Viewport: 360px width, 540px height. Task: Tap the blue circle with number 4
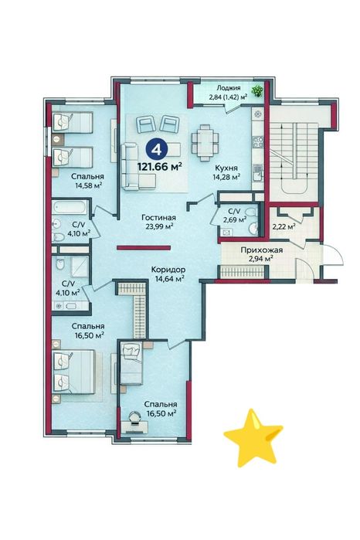tap(157, 149)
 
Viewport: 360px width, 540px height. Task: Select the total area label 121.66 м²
tap(160, 167)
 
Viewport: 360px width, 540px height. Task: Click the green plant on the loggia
tap(256, 91)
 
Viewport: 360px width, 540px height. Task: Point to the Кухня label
tap(226, 168)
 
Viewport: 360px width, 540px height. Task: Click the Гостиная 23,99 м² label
tap(159, 222)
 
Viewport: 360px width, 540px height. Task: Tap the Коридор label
tap(168, 270)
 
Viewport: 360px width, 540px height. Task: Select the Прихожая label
tap(262, 250)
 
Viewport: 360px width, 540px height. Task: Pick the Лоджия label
tap(229, 88)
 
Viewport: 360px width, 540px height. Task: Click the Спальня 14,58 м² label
tap(87, 181)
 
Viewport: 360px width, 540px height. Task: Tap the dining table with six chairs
tap(205, 143)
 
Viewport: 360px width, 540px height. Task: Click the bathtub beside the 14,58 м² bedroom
tap(70, 208)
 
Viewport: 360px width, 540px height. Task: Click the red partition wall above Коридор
tap(144, 247)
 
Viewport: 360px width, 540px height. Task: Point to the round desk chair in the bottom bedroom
tap(134, 417)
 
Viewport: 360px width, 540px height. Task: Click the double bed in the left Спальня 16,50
tap(73, 372)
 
